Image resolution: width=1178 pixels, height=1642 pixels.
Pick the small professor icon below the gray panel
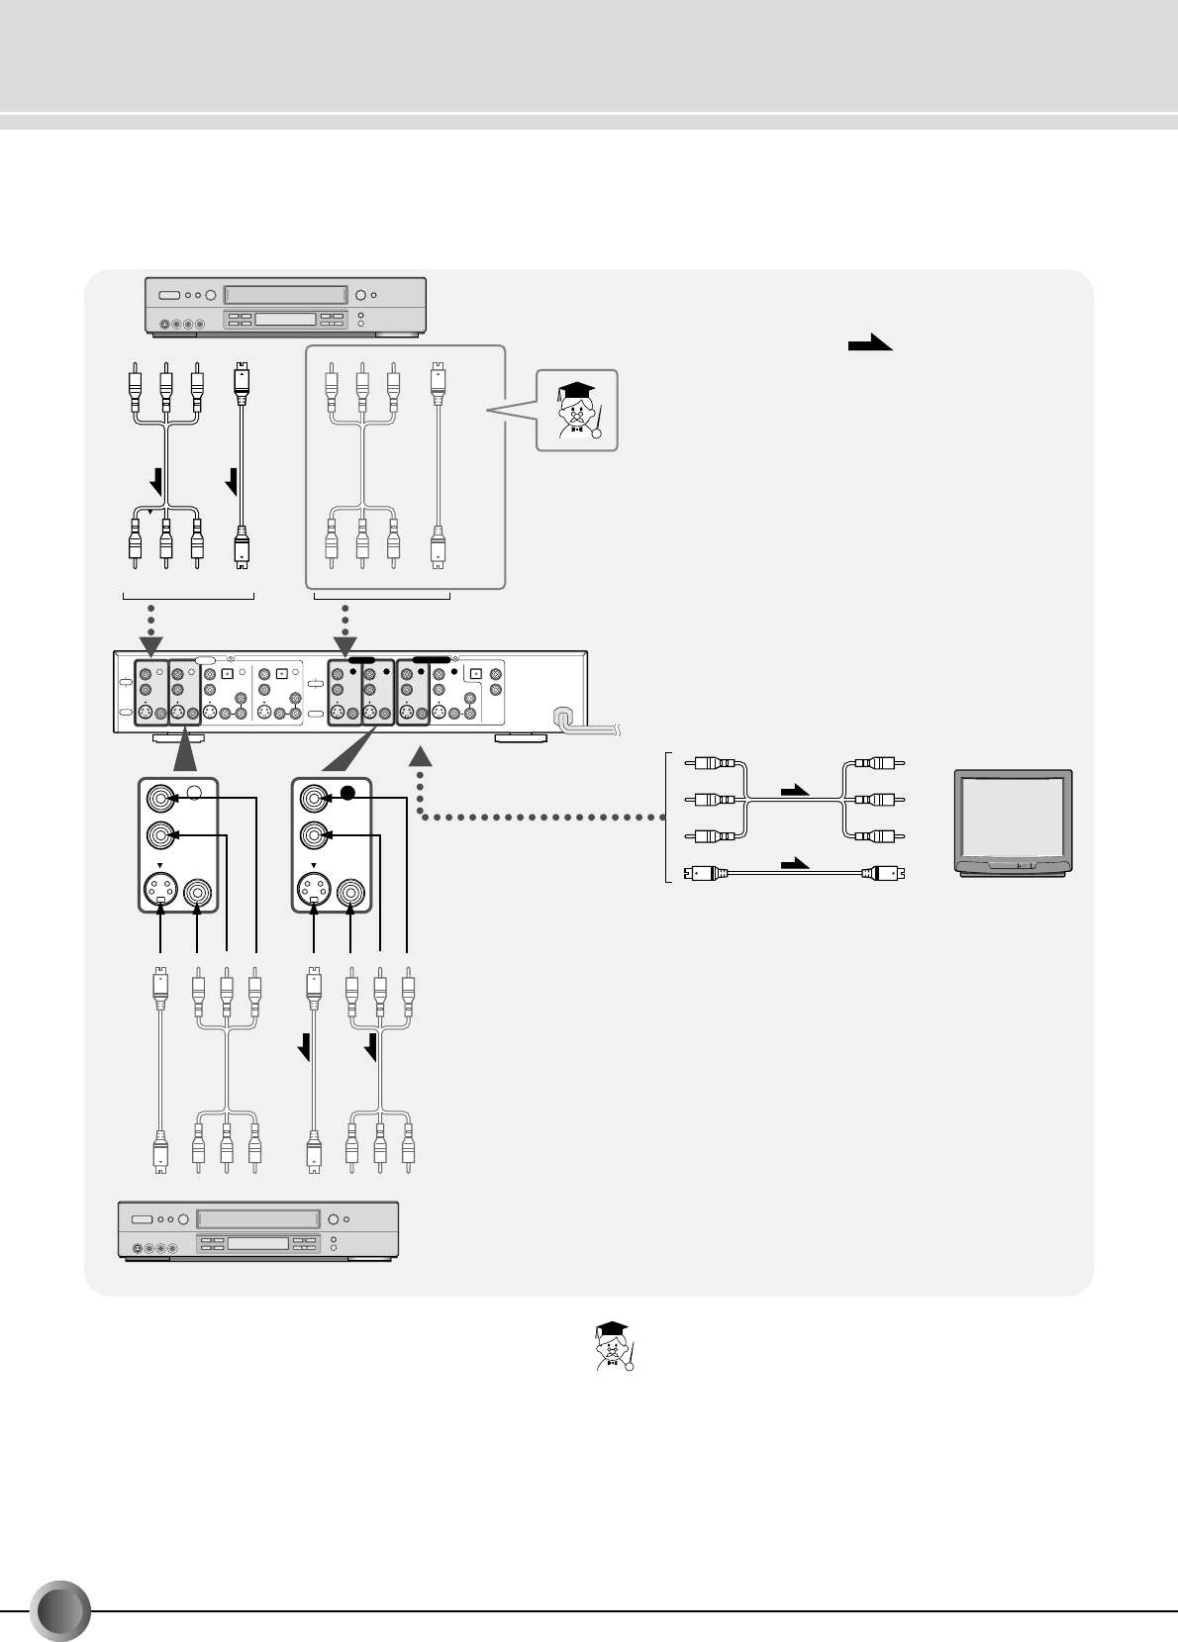point(613,1346)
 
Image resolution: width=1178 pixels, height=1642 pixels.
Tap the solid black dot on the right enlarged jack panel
point(347,794)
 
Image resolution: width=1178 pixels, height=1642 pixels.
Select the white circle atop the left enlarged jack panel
point(195,793)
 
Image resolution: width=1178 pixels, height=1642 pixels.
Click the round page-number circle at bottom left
point(59,1612)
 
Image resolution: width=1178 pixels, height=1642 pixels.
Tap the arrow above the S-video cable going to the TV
point(796,864)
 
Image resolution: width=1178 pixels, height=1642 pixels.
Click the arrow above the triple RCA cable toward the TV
point(796,791)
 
